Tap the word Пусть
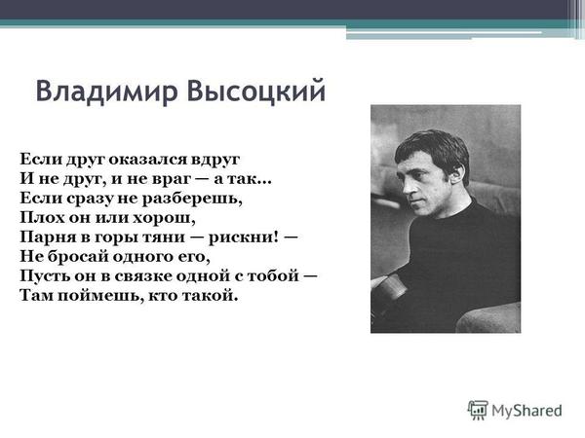point(43,274)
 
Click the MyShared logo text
point(527,410)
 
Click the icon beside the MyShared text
point(478,410)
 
